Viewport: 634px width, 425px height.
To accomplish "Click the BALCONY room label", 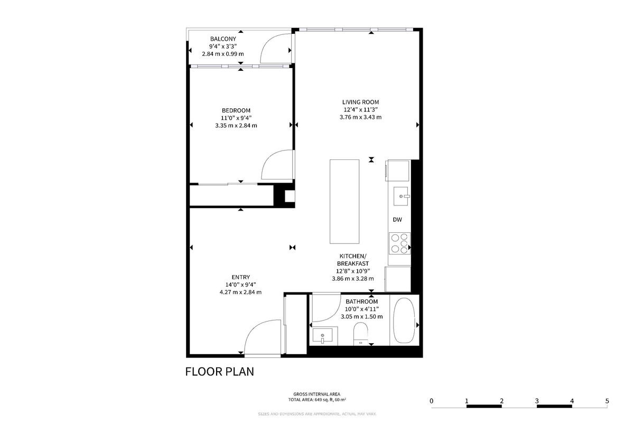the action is point(223,39).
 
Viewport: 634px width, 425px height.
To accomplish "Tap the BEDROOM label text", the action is point(236,110).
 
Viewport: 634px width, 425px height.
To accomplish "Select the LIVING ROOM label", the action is point(360,102).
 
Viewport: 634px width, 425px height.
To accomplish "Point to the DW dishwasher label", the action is point(397,220).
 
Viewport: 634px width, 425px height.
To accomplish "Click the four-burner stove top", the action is point(399,243).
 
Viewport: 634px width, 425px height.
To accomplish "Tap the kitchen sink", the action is point(401,196).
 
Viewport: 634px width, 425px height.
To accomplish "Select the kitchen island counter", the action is point(344,201).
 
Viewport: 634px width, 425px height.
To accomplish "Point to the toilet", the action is point(360,334).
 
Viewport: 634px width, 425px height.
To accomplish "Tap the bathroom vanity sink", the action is point(322,336).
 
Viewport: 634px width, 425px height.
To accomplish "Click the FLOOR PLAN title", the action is point(220,372).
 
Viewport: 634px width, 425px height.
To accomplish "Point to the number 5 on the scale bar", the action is point(607,401).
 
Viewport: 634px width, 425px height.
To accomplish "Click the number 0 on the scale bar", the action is point(431,401).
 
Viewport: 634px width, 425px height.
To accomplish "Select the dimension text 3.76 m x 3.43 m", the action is point(360,117).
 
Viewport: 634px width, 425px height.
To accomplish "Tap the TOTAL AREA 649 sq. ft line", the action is point(317,400).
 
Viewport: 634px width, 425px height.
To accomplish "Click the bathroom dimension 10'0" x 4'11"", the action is point(362,309).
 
